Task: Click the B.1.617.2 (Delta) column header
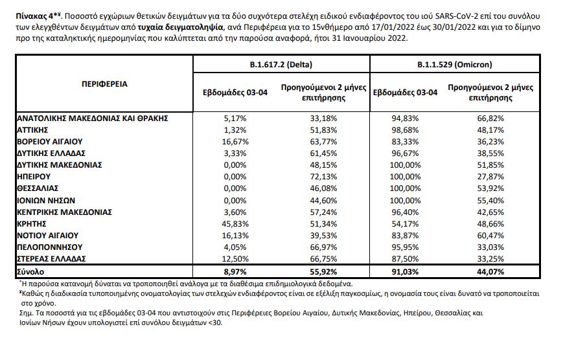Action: point(281,65)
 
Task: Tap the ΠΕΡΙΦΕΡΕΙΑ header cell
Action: point(104,84)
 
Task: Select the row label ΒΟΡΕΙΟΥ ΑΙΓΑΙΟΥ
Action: point(51,141)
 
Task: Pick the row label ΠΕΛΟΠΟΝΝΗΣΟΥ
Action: point(49,247)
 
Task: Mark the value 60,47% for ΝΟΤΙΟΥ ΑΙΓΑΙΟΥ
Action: point(490,235)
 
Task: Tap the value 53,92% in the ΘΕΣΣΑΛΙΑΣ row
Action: point(490,188)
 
